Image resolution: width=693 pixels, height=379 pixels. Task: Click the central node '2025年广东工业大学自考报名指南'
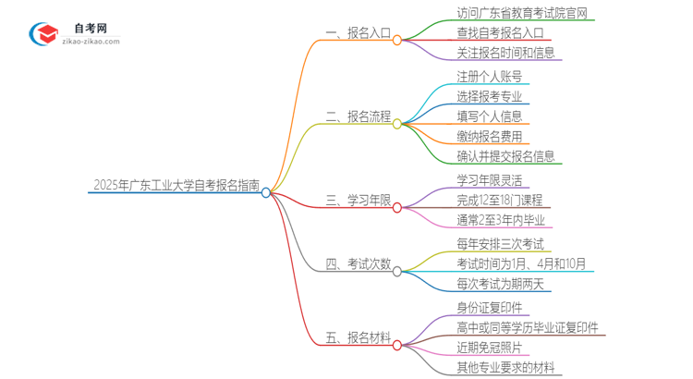[x=175, y=185]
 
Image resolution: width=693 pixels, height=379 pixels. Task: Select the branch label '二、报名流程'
[x=358, y=116]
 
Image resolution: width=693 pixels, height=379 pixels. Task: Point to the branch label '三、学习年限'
[x=358, y=201]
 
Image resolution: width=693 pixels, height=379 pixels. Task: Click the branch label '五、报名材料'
[x=358, y=338]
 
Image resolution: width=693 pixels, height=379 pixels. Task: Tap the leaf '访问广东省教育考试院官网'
[x=522, y=14]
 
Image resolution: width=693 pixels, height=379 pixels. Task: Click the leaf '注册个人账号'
[x=489, y=76]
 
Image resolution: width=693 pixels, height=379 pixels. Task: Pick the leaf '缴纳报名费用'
[x=489, y=136]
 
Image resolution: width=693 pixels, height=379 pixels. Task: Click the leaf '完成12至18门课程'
[x=499, y=200]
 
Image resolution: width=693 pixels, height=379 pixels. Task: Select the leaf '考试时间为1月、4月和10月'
[x=521, y=263]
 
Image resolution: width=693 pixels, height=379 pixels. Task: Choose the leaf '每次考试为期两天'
[x=502, y=283]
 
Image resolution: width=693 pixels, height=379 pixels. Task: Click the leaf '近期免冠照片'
[x=489, y=348]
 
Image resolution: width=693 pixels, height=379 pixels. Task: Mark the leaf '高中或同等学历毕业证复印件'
[x=528, y=327]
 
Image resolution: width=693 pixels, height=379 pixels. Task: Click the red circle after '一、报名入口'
[x=397, y=41]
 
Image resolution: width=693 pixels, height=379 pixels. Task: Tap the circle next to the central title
[x=266, y=192]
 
